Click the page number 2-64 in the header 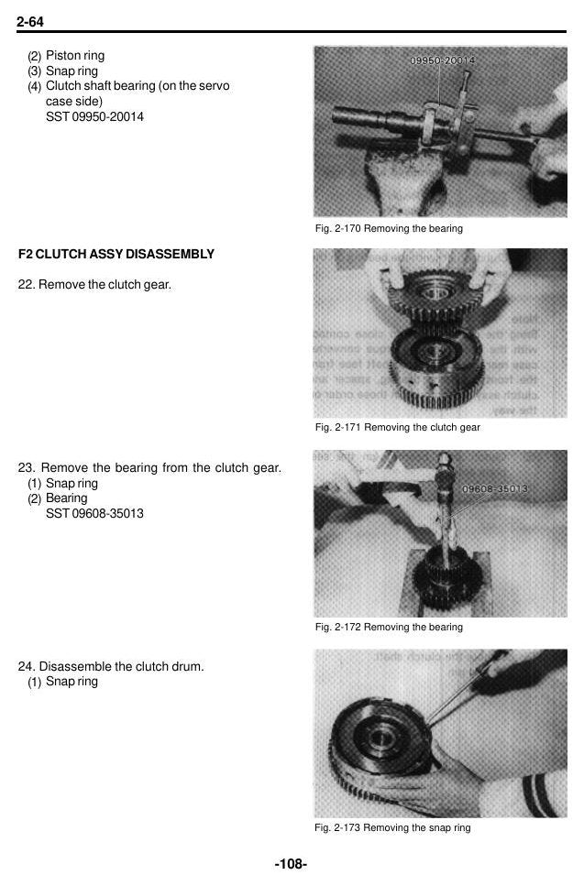[30, 21]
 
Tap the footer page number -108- [292, 863]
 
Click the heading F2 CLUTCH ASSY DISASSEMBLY [116, 255]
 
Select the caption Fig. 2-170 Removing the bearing [389, 228]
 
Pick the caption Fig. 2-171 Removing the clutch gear [398, 427]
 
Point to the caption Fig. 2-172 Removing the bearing [389, 627]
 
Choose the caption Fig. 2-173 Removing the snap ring [393, 827]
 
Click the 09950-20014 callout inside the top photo [442, 60]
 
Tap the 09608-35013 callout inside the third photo [495, 488]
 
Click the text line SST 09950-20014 [94, 117]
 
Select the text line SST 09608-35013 [94, 514]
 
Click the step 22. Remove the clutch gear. [94, 285]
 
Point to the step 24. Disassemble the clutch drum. [111, 667]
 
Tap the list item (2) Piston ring [66, 56]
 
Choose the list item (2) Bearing [58, 498]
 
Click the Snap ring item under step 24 [62, 682]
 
